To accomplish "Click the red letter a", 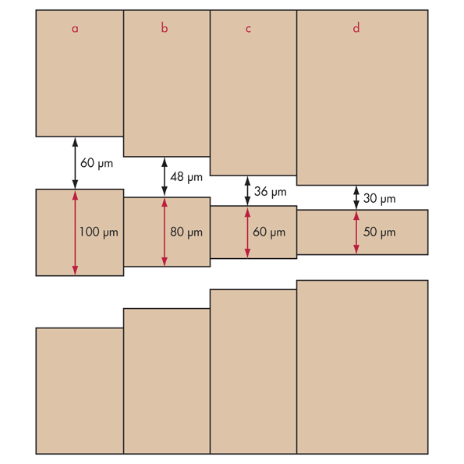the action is tap(75, 29).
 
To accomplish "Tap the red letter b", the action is tap(165, 28).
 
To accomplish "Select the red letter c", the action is tap(248, 29).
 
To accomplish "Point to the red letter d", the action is tap(356, 28).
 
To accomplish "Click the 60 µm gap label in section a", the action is tap(97, 163).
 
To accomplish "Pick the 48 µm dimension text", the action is tap(186, 177).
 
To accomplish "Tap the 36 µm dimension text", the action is tap(270, 192).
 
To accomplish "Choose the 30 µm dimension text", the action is tap(379, 199).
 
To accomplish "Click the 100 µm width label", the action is tap(98, 232).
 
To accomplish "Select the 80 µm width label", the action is tap(186, 232).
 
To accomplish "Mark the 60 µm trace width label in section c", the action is tap(269, 232).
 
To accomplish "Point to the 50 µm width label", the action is tap(379, 232).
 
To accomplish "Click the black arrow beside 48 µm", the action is tap(165, 177).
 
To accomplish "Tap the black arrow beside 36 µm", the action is tap(248, 190).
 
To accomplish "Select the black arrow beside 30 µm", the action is tap(356, 197).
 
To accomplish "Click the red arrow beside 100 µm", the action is tap(75, 233).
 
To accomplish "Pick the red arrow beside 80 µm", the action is tap(165, 232).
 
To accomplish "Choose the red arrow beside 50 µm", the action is tap(356, 232).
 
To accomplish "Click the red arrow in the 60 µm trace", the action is tap(248, 232).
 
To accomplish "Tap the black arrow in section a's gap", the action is tap(75, 163).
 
